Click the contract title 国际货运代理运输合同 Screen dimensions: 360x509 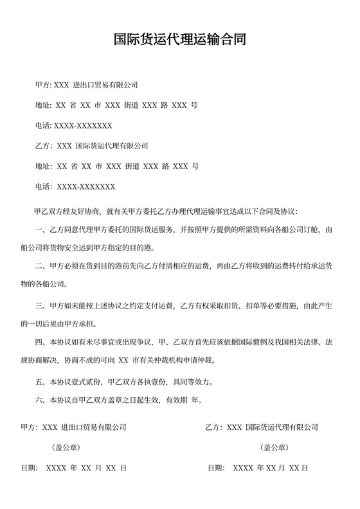pyautogui.click(x=179, y=40)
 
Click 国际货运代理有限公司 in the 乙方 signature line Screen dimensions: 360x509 pyautogui.click(x=282, y=427)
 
